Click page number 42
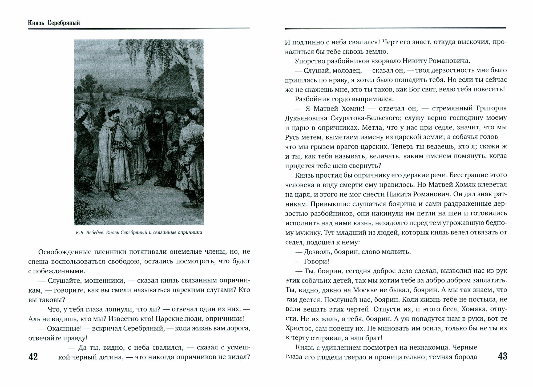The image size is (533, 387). point(33,357)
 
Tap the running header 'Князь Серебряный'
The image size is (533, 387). point(54,23)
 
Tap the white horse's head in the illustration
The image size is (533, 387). point(81,107)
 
